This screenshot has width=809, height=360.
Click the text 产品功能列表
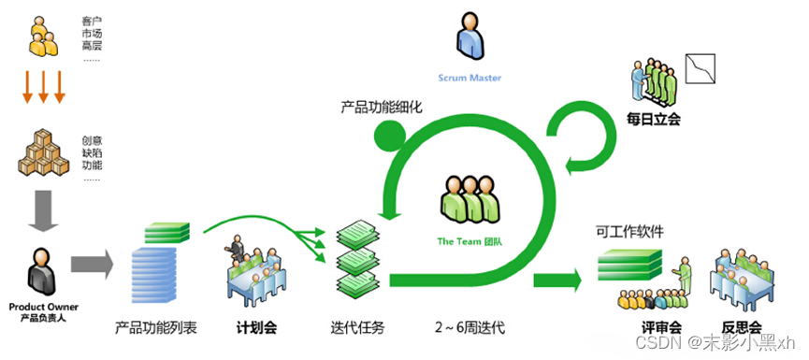(156, 328)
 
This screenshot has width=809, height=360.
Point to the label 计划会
(256, 328)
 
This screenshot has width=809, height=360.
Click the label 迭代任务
(357, 328)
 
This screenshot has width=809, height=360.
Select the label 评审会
(660, 327)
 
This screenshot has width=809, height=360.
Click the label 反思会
(743, 327)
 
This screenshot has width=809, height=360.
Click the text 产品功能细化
(382, 107)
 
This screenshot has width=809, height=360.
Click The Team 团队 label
(469, 241)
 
